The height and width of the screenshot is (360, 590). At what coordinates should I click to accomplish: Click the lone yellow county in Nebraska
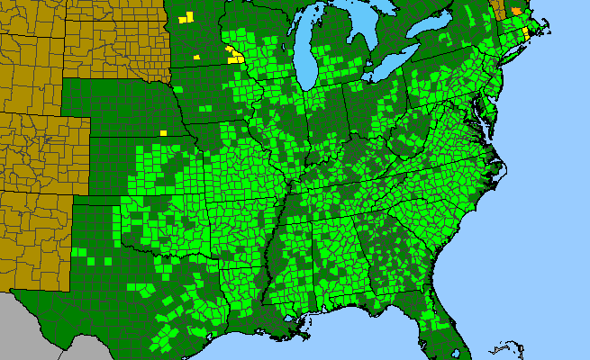click(x=164, y=132)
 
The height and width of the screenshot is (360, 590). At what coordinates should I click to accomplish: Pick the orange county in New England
click(x=516, y=10)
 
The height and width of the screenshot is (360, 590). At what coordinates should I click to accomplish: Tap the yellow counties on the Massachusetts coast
click(x=526, y=31)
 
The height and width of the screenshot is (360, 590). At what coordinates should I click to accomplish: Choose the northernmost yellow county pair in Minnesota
click(x=186, y=18)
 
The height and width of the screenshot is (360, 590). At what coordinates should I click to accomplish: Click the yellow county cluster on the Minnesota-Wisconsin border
click(x=235, y=57)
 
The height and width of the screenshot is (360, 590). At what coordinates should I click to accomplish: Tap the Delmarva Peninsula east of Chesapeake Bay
click(x=492, y=117)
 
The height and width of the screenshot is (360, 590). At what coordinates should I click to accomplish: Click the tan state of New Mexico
click(x=36, y=238)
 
